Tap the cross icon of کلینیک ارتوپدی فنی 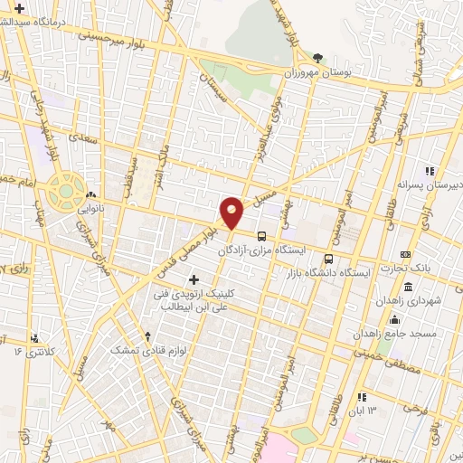click(194, 280)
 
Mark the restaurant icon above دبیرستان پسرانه click(429, 170)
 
